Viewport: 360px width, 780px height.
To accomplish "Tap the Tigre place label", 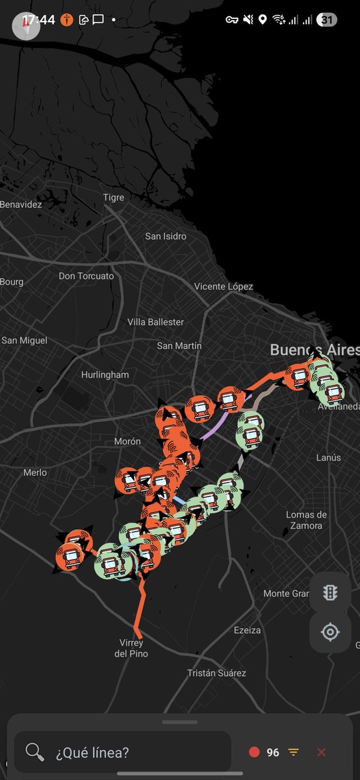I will pyautogui.click(x=114, y=198).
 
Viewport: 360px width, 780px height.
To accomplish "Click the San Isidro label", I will pyautogui.click(x=166, y=236).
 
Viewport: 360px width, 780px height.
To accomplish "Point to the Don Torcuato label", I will pyautogui.click(x=86, y=276).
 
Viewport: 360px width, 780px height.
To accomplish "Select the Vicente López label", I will pyautogui.click(x=224, y=286).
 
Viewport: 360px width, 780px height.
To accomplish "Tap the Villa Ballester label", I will pyautogui.click(x=156, y=322).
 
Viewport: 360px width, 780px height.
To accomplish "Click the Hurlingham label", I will pyautogui.click(x=105, y=374).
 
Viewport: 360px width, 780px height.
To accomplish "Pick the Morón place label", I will pyautogui.click(x=127, y=441).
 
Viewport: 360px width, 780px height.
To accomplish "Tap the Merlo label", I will pyautogui.click(x=35, y=473).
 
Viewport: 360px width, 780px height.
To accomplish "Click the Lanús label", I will pyautogui.click(x=328, y=458).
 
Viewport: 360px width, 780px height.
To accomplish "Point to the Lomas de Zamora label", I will pyautogui.click(x=307, y=520).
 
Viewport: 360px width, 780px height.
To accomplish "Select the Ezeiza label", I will pyautogui.click(x=248, y=630).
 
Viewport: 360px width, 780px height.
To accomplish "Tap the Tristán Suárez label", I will pyautogui.click(x=217, y=673).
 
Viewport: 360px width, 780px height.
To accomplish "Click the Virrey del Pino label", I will pyautogui.click(x=131, y=648).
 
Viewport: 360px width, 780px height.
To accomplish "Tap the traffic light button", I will pyautogui.click(x=330, y=593).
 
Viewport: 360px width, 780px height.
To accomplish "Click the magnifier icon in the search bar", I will pyautogui.click(x=34, y=752).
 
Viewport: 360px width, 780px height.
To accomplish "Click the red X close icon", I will pyautogui.click(x=321, y=752).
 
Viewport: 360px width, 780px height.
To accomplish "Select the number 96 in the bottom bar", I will pyautogui.click(x=273, y=752).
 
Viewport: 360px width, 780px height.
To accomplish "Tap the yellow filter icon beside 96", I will pyautogui.click(x=294, y=752).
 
